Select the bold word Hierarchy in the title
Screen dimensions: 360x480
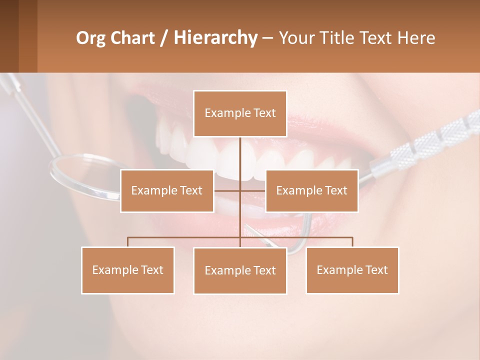click(x=215, y=38)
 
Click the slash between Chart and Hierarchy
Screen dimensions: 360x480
click(x=164, y=38)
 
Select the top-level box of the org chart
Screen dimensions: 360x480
click(x=240, y=113)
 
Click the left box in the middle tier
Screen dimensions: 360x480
click(x=166, y=190)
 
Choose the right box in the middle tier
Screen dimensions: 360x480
click(x=311, y=190)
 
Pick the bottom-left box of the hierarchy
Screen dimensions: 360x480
click(x=127, y=270)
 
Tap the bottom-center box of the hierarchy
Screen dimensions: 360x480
click(x=240, y=270)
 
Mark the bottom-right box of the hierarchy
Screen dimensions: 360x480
click(x=352, y=270)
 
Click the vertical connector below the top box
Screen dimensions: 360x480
click(x=240, y=155)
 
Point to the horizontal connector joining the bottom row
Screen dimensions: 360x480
click(x=185, y=237)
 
